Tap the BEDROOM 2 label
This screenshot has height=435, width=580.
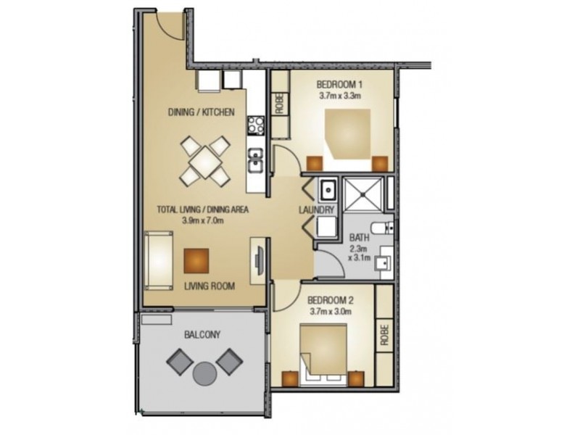[x=329, y=300]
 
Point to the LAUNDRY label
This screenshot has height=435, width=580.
[x=316, y=210]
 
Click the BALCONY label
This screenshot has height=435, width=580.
[x=202, y=334]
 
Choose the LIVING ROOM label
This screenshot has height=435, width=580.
[x=209, y=286]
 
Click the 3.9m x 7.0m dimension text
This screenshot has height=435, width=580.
[x=203, y=220]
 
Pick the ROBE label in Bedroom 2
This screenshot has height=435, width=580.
[x=384, y=334]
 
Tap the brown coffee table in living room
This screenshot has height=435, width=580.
[x=197, y=259]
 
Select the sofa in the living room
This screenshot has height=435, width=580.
[x=158, y=259]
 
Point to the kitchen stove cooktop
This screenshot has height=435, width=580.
[x=254, y=124]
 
